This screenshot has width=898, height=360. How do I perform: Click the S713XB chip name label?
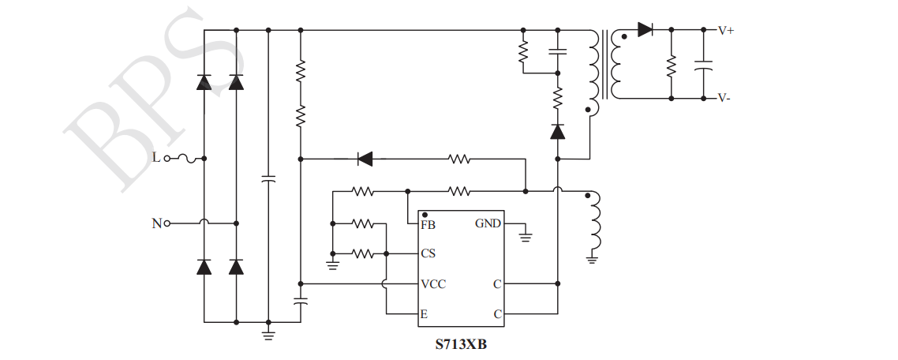(x=461, y=344)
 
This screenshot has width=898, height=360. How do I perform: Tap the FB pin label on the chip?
(x=428, y=224)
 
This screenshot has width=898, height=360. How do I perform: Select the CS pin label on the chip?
(x=428, y=254)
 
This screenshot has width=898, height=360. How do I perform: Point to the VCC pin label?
(x=433, y=284)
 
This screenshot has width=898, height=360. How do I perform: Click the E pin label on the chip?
(x=425, y=314)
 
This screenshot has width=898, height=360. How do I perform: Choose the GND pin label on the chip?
(x=488, y=223)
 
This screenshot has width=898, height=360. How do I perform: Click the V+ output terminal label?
(x=725, y=30)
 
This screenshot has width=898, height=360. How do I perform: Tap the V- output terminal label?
(x=724, y=99)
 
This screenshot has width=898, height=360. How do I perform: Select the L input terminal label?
(x=155, y=158)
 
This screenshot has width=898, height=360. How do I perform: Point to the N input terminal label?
(x=156, y=223)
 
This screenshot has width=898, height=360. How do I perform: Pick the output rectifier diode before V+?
(x=645, y=30)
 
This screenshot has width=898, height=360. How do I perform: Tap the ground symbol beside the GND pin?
(x=526, y=234)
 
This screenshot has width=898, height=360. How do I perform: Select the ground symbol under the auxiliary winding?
(x=592, y=257)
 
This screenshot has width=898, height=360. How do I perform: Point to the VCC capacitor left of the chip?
(x=301, y=301)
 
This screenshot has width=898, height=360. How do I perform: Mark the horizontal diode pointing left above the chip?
(x=365, y=159)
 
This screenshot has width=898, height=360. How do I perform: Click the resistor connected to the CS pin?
(x=362, y=254)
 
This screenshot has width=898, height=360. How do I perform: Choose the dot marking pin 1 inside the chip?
(x=425, y=214)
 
